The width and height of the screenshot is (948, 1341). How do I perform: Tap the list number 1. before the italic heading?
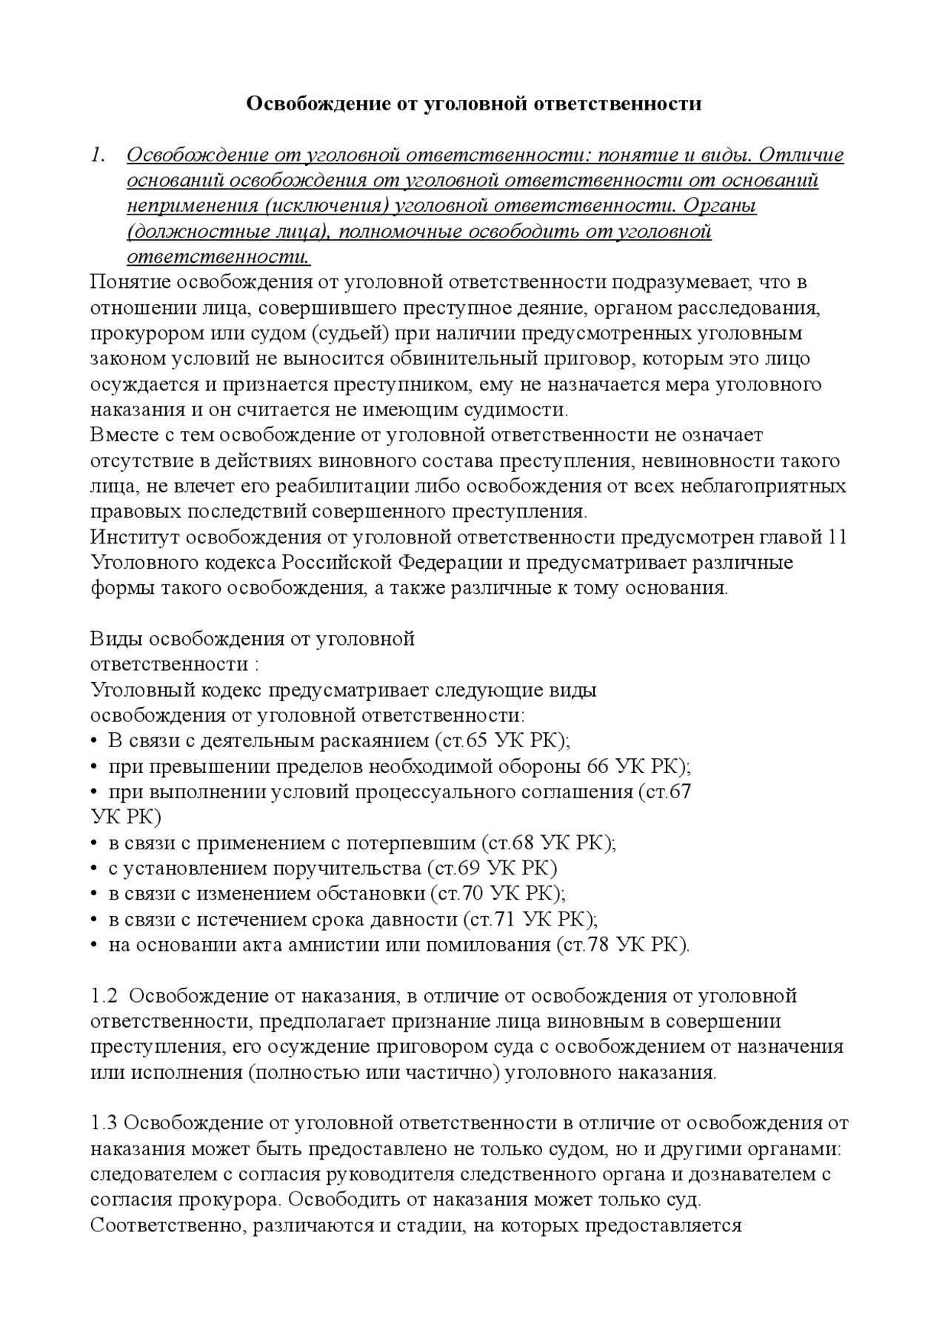click(x=99, y=155)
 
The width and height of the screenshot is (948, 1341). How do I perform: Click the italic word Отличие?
click(x=801, y=155)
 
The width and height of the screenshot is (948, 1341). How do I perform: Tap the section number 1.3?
click(x=104, y=1123)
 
